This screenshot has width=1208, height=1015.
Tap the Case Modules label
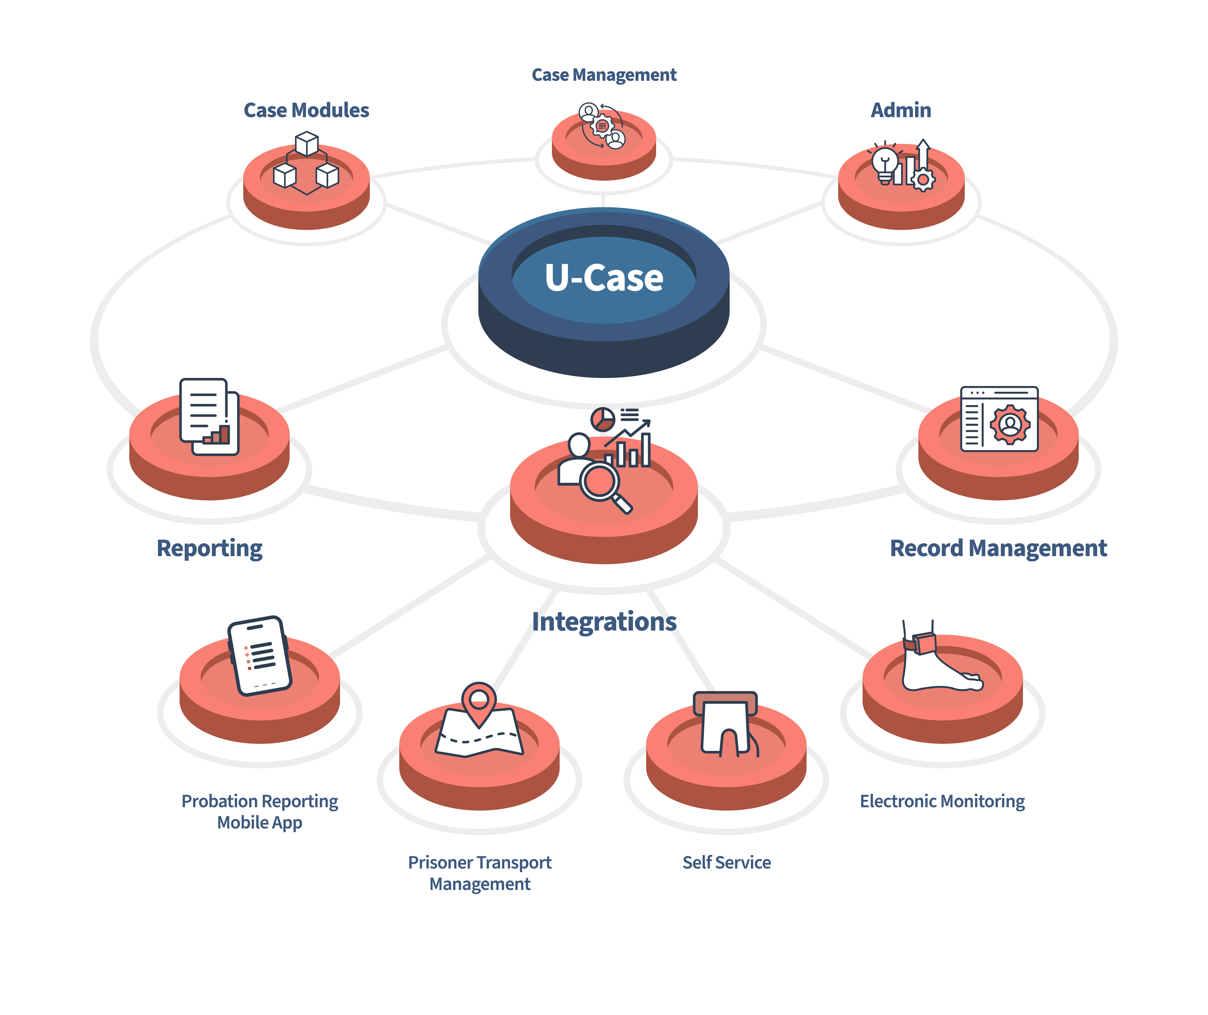(306, 110)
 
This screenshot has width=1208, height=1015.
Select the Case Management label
(604, 75)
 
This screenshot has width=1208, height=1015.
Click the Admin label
(901, 110)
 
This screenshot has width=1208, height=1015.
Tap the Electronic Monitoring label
(942, 801)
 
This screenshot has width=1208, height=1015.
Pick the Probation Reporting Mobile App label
(260, 811)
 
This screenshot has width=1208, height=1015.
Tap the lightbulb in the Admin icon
(885, 164)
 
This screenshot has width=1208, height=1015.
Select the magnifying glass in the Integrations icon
(601, 483)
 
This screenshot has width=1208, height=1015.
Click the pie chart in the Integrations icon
(602, 419)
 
